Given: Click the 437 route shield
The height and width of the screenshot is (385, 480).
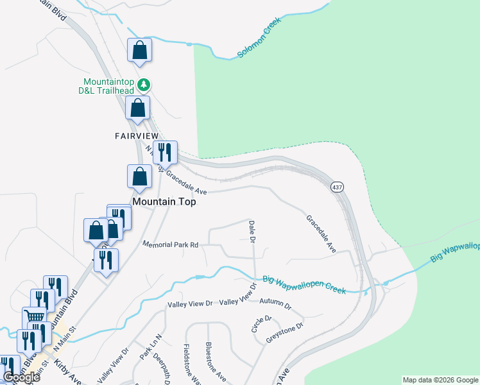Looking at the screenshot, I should tap(337, 187).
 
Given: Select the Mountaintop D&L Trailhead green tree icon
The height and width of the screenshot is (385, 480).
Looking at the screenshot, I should tap(146, 84).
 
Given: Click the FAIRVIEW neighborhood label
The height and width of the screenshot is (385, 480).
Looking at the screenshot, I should tap(136, 135).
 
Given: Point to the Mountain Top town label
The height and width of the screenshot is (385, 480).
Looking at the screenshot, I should tap(164, 201).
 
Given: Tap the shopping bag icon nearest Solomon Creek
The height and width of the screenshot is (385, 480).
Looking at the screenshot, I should tap(139, 50).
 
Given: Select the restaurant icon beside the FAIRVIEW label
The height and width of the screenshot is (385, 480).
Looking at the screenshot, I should tap(165, 153).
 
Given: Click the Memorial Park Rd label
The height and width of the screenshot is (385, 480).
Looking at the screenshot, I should tap(171, 244).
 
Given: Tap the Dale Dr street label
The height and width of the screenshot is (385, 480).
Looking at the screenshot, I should tap(252, 232).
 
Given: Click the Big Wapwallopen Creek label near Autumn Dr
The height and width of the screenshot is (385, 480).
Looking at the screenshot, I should tap(304, 285).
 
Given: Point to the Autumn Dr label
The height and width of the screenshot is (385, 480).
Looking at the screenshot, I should tap(275, 300).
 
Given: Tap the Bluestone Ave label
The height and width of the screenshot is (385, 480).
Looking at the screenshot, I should tap(215, 362).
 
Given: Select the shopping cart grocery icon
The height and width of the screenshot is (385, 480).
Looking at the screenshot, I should tap(35, 318).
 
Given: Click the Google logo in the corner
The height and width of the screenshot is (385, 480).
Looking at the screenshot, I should tap(21, 377).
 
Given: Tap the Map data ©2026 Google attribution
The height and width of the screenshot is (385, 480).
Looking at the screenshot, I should tap(440, 380).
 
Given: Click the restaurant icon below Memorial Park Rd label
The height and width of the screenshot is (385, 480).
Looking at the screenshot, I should tap(106, 260).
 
